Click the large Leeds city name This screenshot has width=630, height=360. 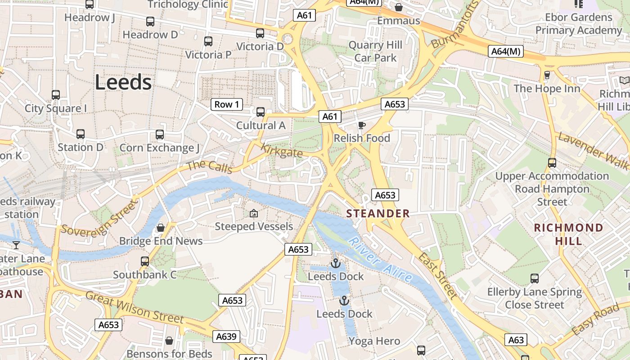pos(123,82)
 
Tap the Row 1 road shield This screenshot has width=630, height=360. pos(227,104)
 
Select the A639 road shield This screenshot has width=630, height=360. pos(226,336)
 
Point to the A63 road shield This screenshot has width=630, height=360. pos(516,340)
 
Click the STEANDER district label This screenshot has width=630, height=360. pos(378,213)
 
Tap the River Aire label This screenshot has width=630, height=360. pos(380,260)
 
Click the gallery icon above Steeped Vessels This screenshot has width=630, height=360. pos(254,213)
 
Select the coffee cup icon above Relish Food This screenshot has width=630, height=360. pos(362,125)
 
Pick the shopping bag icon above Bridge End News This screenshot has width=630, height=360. pos(161,228)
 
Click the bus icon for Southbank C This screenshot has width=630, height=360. pos(145,261)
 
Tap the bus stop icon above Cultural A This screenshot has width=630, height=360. pos(261,112)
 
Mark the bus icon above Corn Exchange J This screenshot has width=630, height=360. pos(160,135)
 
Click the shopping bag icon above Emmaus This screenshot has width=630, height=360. pos(398,7)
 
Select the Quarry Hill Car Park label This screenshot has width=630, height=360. pos(375,51)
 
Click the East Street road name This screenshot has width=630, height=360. pos(438,275)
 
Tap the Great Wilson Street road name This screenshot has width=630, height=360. pos(135,307)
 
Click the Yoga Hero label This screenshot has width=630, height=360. pos(374,341)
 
